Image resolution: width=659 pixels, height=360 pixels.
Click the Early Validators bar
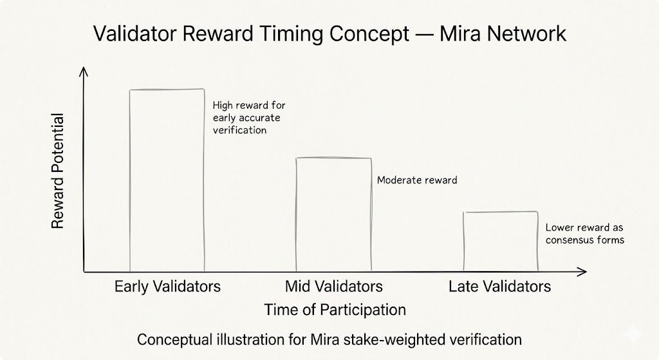[x=167, y=180]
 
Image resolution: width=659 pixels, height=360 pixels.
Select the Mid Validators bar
[x=333, y=214]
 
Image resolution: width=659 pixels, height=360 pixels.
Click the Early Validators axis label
[x=167, y=287]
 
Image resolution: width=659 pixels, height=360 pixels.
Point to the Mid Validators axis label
[x=333, y=287]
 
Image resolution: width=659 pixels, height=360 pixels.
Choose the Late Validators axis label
[x=500, y=287]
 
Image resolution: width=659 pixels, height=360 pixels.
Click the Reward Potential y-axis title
[x=57, y=171]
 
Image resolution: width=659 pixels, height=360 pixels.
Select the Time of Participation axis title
[x=335, y=310]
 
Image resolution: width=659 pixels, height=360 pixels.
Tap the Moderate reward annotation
[x=417, y=180]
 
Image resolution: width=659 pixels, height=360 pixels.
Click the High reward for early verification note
[x=249, y=117]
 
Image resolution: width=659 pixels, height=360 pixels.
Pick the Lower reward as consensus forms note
[x=584, y=234]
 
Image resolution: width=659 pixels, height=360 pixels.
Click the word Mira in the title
[x=462, y=33]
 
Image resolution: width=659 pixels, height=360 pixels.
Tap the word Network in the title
[x=528, y=33]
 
